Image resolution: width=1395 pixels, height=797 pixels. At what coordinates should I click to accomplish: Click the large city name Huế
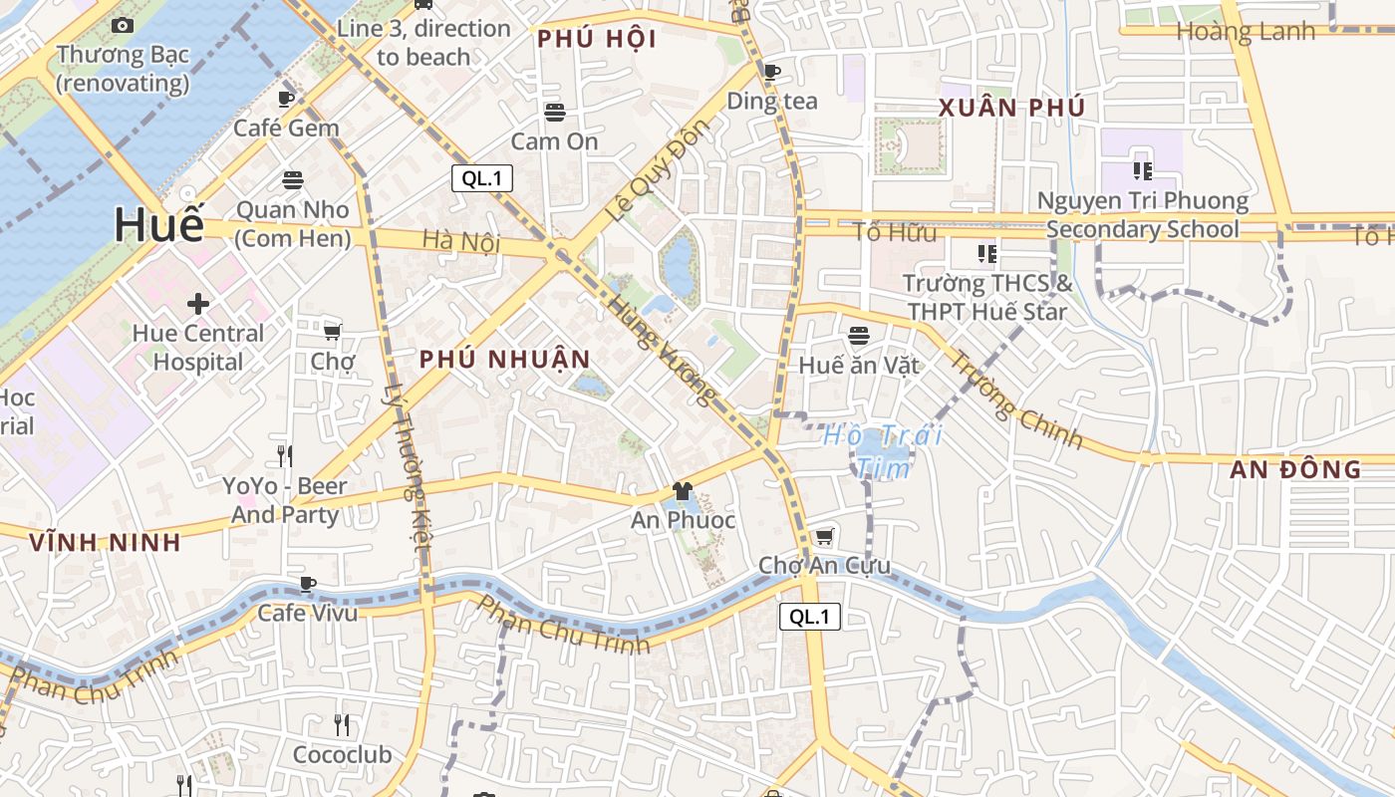click(x=158, y=224)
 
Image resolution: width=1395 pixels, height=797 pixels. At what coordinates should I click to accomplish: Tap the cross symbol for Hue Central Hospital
click(x=198, y=303)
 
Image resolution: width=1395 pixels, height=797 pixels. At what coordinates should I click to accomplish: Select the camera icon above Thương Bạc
click(x=123, y=25)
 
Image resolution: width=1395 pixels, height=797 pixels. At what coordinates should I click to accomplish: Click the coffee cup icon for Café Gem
click(x=286, y=99)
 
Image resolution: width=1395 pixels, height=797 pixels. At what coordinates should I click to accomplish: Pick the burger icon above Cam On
click(x=555, y=112)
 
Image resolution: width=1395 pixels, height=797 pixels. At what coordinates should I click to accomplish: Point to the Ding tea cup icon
click(x=771, y=72)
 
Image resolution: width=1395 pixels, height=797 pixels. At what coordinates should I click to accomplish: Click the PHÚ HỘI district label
click(x=597, y=40)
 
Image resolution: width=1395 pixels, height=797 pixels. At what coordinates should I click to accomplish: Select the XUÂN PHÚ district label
click(x=1012, y=108)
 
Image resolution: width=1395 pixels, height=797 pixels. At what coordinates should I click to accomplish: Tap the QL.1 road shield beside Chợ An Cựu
click(x=809, y=617)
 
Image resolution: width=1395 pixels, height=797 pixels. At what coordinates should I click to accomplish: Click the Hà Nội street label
click(x=459, y=241)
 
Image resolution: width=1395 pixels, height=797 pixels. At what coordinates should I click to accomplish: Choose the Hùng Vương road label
click(x=662, y=351)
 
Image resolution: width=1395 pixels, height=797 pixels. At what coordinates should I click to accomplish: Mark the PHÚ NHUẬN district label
click(x=505, y=360)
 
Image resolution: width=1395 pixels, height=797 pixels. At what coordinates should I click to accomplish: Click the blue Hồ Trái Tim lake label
click(x=883, y=451)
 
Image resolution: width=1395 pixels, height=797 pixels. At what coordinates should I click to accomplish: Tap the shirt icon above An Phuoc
click(x=683, y=490)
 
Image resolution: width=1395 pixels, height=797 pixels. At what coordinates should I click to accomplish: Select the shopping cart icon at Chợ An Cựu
click(x=824, y=537)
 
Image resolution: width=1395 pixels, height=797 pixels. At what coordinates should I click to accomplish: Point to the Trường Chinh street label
click(x=1015, y=399)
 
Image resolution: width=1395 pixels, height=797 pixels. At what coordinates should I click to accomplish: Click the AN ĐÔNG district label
click(x=1295, y=469)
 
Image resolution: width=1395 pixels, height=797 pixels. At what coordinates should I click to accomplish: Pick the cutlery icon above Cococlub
click(x=342, y=724)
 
